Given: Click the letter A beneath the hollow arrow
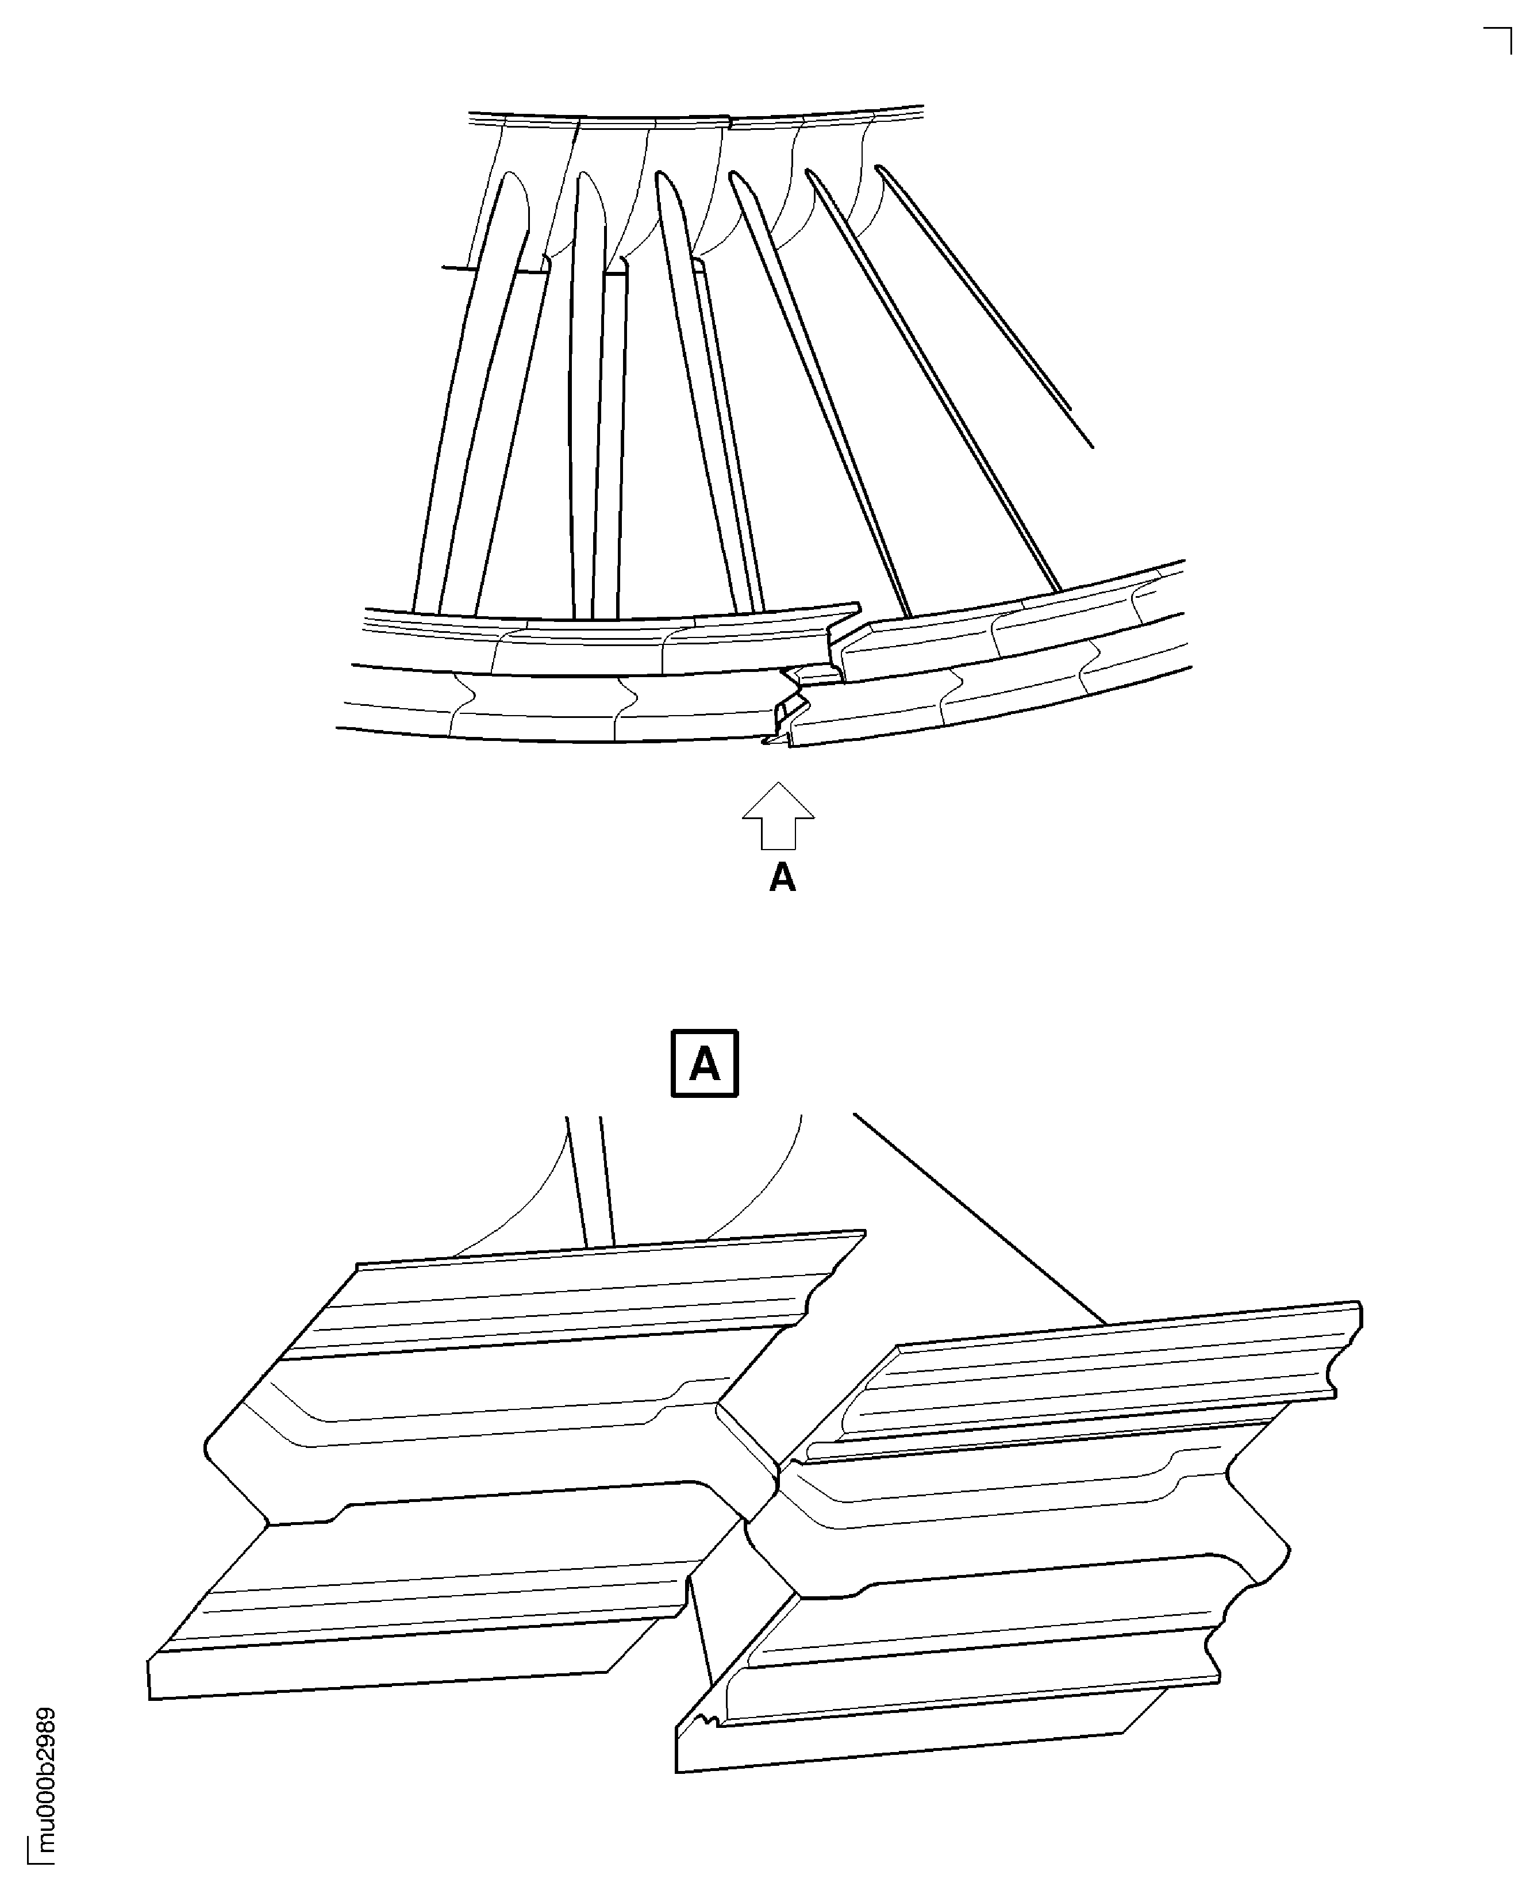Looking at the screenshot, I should click(782, 878).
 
